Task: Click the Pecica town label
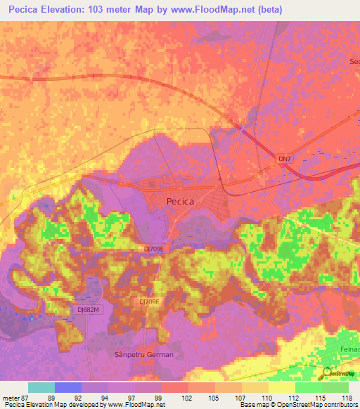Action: [x=180, y=201]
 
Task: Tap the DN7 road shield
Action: [x=284, y=160]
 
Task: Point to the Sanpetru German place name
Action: [x=143, y=355]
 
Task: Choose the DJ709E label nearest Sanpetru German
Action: [x=149, y=301]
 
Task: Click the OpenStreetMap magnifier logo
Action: [x=327, y=372]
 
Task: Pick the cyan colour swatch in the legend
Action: [x=41, y=387]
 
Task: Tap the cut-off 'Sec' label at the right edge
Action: [x=354, y=61]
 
